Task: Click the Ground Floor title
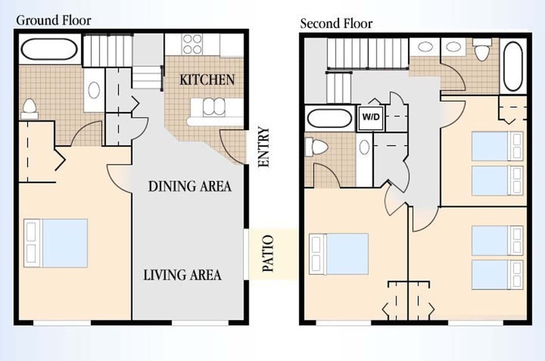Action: [53, 21]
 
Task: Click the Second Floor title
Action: [336, 23]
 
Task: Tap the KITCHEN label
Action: [207, 79]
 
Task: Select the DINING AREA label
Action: [190, 186]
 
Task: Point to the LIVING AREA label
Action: [182, 275]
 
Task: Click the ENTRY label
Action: [264, 147]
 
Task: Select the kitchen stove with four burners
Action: [192, 45]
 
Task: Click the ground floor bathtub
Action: [48, 49]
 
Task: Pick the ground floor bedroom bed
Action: [56, 243]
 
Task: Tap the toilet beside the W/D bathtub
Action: [317, 146]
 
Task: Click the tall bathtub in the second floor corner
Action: [513, 66]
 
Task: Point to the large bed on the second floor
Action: [339, 254]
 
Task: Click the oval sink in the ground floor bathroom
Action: [94, 90]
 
